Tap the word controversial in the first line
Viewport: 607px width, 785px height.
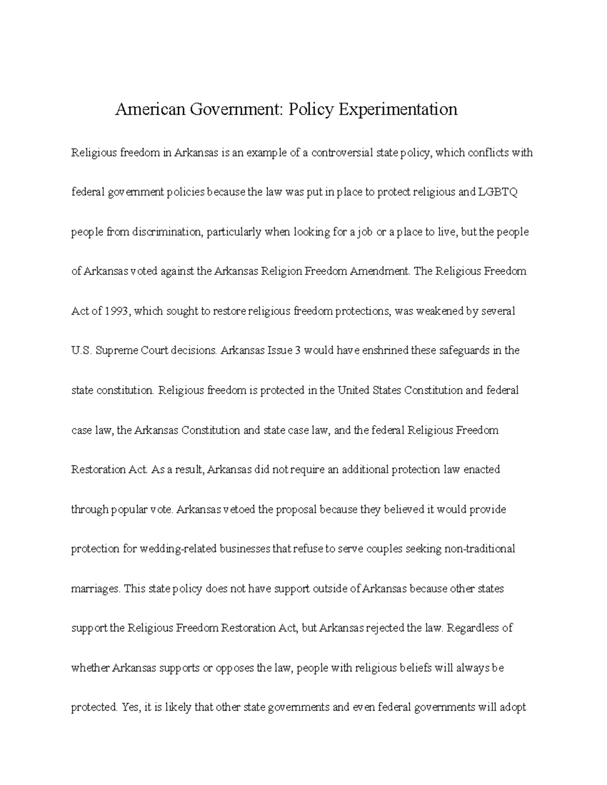pos(341,153)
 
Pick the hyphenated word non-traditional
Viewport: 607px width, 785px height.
pos(480,549)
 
